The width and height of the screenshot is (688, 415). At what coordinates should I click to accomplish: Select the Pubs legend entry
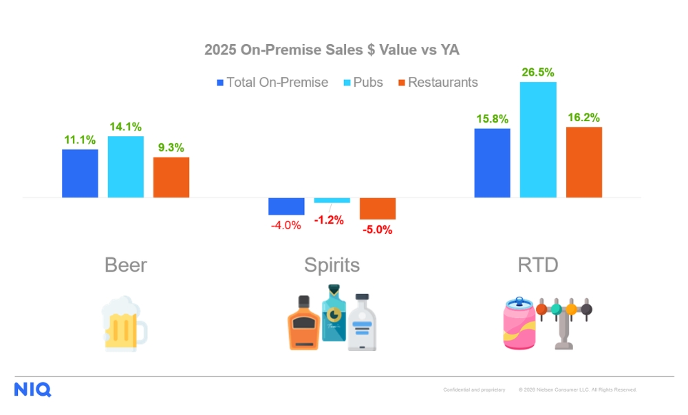pyautogui.click(x=367, y=83)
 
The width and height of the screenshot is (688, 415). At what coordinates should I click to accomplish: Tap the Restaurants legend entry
pyautogui.click(x=438, y=83)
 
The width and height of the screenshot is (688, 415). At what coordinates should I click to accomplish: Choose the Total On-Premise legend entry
pyautogui.click(x=272, y=83)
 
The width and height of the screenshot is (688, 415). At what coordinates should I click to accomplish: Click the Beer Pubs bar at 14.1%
pyautogui.click(x=126, y=167)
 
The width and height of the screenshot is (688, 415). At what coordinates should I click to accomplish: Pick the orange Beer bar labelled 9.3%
pyautogui.click(x=171, y=178)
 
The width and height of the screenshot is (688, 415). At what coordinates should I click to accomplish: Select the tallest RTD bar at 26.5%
pyautogui.click(x=538, y=140)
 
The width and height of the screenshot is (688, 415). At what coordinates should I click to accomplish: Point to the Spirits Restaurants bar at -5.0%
pyautogui.click(x=378, y=209)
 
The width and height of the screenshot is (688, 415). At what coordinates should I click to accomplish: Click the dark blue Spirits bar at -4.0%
pyautogui.click(x=286, y=206)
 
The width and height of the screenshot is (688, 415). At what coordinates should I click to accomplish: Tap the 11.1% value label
pyautogui.click(x=80, y=140)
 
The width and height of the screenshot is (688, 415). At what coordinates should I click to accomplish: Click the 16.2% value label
pyautogui.click(x=583, y=118)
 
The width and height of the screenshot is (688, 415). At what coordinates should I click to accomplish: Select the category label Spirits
pyautogui.click(x=332, y=265)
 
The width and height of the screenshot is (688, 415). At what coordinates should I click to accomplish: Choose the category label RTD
pyautogui.click(x=538, y=265)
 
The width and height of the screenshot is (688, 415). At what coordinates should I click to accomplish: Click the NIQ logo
pyautogui.click(x=32, y=390)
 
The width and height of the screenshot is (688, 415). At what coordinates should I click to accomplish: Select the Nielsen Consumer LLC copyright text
pyautogui.click(x=578, y=390)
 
